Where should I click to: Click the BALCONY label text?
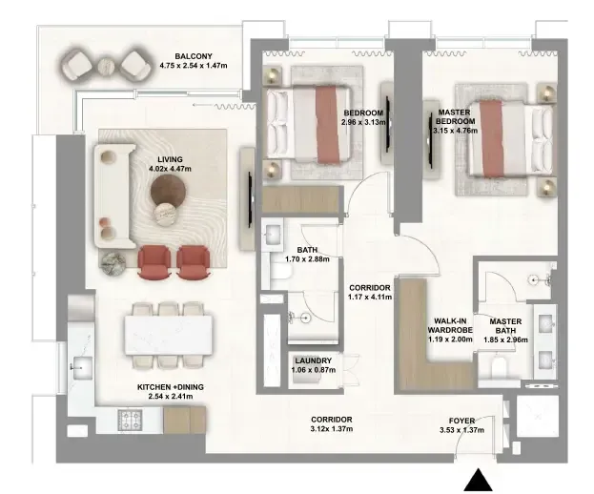point(194,56)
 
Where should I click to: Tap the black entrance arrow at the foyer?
point(478,481)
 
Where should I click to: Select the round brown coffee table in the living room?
point(169,192)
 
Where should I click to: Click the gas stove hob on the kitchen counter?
point(130,421)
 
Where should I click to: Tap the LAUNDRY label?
point(314,361)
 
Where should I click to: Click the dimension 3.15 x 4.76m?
point(455,131)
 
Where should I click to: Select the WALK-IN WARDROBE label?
point(450,326)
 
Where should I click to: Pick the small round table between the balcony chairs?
point(106,68)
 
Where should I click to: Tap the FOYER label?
point(461,421)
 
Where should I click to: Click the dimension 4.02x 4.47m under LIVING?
point(170,169)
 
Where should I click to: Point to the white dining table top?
point(169,335)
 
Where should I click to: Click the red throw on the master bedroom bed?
point(492,138)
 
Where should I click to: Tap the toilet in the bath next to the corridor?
point(280,274)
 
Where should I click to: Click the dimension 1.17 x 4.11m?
point(370,297)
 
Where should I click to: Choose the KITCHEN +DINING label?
point(170,387)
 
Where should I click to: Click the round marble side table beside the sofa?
point(113,262)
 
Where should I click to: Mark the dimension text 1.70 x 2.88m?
point(307,259)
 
